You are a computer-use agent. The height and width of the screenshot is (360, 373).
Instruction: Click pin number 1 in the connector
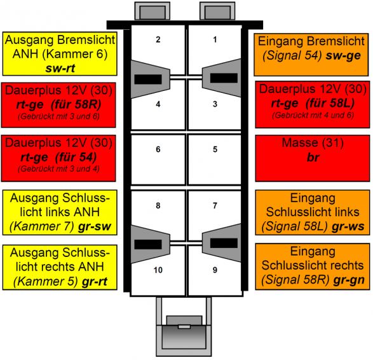click(x=215, y=39)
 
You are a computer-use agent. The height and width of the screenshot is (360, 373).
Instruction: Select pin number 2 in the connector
click(x=158, y=39)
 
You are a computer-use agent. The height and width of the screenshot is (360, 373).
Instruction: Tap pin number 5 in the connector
click(x=215, y=149)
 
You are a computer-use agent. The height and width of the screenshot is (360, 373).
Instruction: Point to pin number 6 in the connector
click(x=158, y=149)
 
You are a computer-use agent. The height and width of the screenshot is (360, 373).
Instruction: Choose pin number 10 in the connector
click(x=158, y=270)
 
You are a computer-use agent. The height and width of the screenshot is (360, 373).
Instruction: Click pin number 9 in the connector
click(x=215, y=270)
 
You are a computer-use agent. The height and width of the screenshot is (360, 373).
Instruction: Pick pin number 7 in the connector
click(x=215, y=205)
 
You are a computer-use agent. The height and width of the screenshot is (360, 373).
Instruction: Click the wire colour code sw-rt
click(x=60, y=68)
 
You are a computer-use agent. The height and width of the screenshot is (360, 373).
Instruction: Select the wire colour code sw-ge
click(x=343, y=56)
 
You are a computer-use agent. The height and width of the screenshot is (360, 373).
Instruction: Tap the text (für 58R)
click(x=76, y=104)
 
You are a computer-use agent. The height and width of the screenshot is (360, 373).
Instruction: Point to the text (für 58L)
click(x=330, y=103)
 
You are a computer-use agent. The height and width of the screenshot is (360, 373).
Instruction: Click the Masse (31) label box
click(x=313, y=158)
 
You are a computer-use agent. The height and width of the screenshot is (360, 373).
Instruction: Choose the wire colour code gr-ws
click(x=348, y=226)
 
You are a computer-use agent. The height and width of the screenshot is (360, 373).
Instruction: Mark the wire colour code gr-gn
click(x=349, y=280)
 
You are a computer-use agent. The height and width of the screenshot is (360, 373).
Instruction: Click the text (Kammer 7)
click(x=42, y=226)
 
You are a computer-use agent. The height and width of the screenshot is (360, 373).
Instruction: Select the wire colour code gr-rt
click(x=95, y=281)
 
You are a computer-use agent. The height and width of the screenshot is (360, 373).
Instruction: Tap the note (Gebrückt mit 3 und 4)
click(x=58, y=169)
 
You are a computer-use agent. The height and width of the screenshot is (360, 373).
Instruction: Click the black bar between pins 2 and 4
click(x=148, y=79)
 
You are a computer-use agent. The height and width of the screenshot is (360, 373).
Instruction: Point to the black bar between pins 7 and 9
click(x=224, y=243)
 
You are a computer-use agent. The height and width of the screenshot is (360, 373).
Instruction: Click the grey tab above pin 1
click(x=217, y=11)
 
